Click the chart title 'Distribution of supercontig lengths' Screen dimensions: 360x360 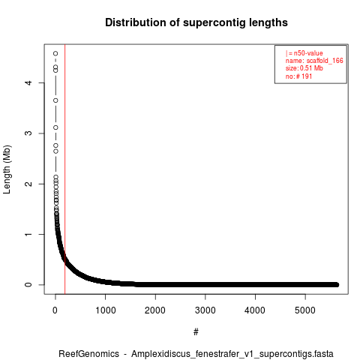(x=196, y=22)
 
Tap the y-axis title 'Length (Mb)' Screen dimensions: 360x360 (x=7, y=169)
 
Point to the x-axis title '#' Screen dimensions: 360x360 (x=196, y=331)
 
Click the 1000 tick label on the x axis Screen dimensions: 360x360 (x=106, y=310)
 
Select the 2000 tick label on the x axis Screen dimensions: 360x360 (x=155, y=310)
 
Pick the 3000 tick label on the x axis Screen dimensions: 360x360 (x=205, y=310)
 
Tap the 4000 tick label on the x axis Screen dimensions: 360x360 (x=255, y=310)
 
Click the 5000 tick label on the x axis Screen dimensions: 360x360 (x=305, y=310)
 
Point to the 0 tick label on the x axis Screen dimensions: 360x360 (x=55, y=310)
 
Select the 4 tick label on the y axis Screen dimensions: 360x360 (x=28, y=82)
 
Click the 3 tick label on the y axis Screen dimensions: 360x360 (x=28, y=133)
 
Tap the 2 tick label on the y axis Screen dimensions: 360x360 (x=28, y=184)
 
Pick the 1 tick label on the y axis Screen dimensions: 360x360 (x=28, y=234)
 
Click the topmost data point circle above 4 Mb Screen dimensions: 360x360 (x=55, y=53)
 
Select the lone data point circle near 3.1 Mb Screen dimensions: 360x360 (x=55, y=127)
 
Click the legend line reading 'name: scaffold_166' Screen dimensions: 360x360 (x=314, y=61)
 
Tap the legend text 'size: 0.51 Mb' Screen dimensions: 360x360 (x=304, y=68)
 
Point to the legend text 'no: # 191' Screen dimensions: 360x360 (x=298, y=76)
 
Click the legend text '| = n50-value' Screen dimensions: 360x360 (x=304, y=53)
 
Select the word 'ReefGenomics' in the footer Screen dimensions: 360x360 (x=88, y=354)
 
